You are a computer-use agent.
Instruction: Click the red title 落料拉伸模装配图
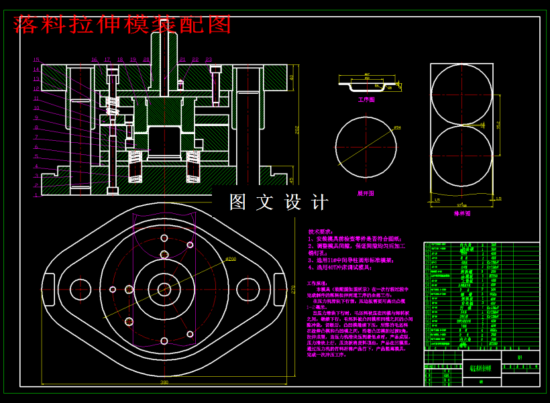[122, 24]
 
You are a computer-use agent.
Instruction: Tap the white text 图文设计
[279, 202]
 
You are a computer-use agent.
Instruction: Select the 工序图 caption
[366, 99]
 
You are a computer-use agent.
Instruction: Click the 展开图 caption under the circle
[366, 193]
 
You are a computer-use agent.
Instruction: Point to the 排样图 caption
[462, 213]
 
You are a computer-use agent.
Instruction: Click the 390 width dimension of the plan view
[164, 382]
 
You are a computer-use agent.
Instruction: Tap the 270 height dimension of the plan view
[293, 289]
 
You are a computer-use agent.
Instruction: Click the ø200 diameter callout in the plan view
[230, 258]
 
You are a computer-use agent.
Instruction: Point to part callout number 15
[37, 60]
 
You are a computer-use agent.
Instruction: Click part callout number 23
[209, 60]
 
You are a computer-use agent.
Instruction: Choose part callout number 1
[37, 194]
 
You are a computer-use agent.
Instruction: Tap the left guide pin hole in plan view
[80, 289]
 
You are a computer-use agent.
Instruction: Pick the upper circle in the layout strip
[461, 95]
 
